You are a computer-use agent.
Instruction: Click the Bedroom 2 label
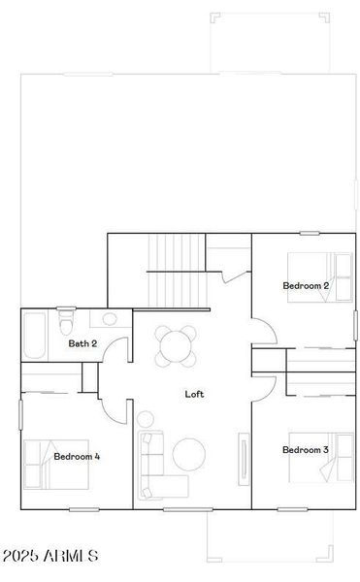click(x=306, y=286)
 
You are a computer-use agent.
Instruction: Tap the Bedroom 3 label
click(x=306, y=450)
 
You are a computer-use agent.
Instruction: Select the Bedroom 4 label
click(x=77, y=456)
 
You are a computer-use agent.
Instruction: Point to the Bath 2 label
click(x=82, y=343)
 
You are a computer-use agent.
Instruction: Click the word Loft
click(x=194, y=394)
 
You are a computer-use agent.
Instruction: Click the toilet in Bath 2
click(x=66, y=319)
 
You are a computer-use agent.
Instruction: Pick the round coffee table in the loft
click(x=189, y=453)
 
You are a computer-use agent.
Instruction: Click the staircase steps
click(x=176, y=268)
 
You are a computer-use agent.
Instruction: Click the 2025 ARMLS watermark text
click(x=50, y=556)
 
